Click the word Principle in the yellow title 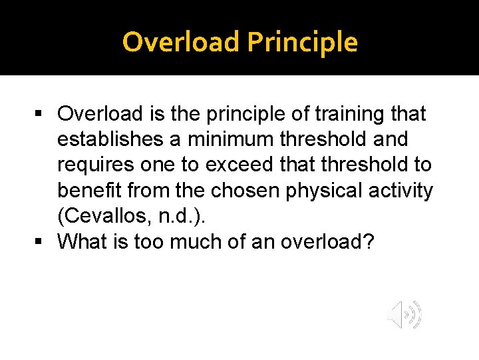pyautogui.click(x=303, y=43)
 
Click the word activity pyautogui.click(x=406, y=191)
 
